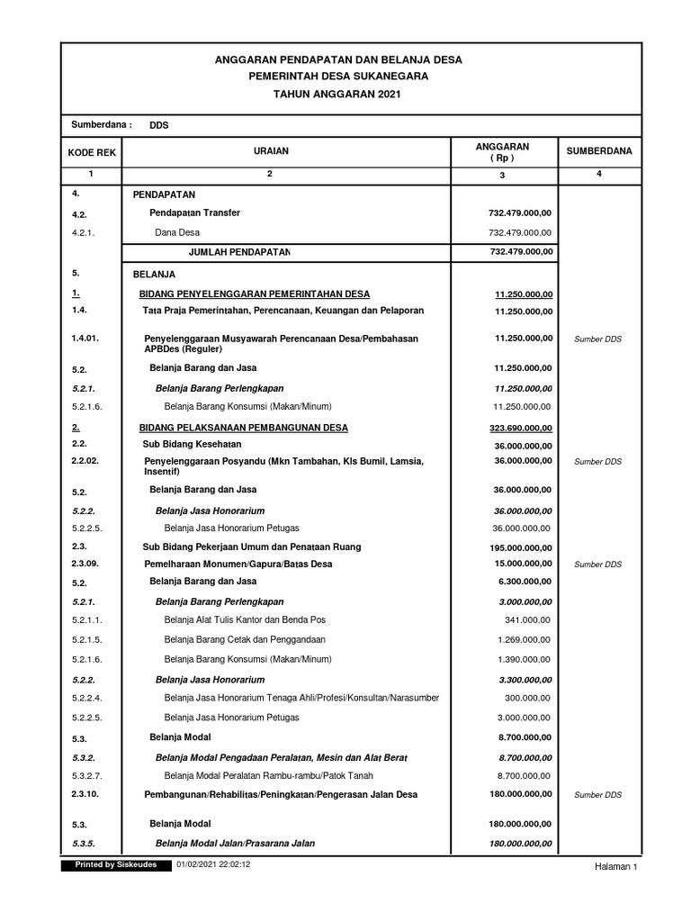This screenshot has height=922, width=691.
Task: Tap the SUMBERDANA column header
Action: (x=598, y=151)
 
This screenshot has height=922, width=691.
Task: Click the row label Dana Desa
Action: (x=177, y=232)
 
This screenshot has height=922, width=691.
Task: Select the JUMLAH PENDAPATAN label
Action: (x=239, y=251)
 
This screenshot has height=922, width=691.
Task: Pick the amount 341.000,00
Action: (x=529, y=620)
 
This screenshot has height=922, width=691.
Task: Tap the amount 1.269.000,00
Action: (x=525, y=639)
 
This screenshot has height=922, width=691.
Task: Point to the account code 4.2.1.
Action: (x=83, y=232)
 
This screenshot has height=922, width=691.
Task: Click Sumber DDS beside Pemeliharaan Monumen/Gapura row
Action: (x=598, y=565)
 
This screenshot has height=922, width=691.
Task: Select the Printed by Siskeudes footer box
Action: (x=108, y=865)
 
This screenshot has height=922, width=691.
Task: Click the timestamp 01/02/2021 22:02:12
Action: (x=213, y=865)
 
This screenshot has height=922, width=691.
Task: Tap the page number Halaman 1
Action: (x=615, y=867)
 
